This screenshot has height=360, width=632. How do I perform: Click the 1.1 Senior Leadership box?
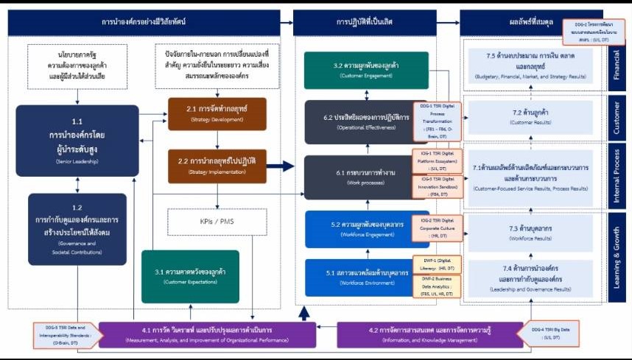(x=77, y=130)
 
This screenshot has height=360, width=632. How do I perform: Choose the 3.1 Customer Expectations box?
(x=189, y=276)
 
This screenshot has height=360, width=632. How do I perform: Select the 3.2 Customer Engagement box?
(x=357, y=70)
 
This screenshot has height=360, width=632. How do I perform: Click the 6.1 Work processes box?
(x=357, y=177)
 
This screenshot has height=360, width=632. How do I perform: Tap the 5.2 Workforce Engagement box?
(x=357, y=229)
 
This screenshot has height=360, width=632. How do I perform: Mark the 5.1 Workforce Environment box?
(x=357, y=278)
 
